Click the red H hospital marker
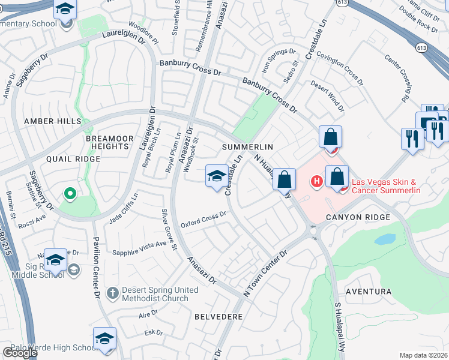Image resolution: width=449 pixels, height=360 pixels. point(316,180)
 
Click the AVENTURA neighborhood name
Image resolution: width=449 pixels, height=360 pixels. point(369,292)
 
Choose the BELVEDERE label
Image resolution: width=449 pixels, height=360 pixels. point(218,316)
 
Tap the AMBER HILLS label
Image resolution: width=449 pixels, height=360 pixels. point(52,121)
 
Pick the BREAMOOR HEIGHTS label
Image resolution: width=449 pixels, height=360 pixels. point(109,142)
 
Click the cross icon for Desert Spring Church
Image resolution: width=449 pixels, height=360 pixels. point(112,293)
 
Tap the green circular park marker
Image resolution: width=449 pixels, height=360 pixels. point(70,193)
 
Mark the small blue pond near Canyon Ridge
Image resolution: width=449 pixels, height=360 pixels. point(384,239)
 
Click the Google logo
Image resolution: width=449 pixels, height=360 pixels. point(20,353)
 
